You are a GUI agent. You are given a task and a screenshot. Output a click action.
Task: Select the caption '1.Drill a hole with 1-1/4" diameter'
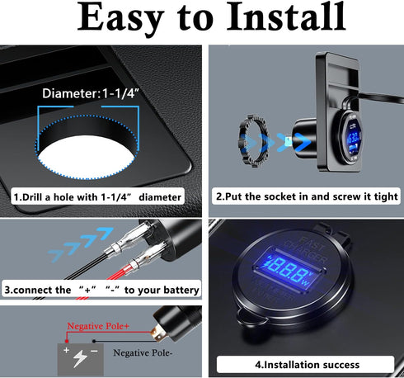pyautogui.click(x=97, y=198)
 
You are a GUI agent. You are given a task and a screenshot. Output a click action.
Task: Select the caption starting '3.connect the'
pyautogui.click(x=101, y=290)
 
